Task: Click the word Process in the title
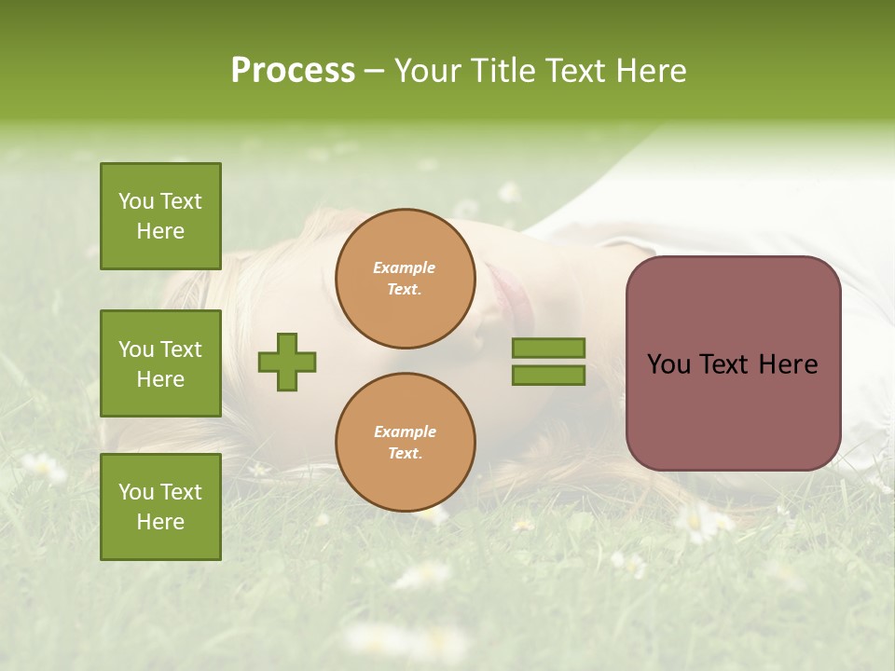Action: click(x=293, y=71)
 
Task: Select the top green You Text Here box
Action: click(x=160, y=216)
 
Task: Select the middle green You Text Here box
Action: click(x=160, y=363)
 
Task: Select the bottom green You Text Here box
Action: click(x=160, y=507)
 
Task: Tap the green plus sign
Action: click(x=287, y=362)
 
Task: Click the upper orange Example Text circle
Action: click(x=405, y=279)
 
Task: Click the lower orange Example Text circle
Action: click(x=405, y=443)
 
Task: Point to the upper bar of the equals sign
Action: click(x=548, y=348)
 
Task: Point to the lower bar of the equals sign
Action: click(x=548, y=375)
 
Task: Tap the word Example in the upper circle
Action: click(x=404, y=267)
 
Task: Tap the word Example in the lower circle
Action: click(x=405, y=431)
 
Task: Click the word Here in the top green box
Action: click(x=160, y=231)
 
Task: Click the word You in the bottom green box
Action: click(x=136, y=492)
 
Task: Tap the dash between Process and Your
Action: click(x=375, y=72)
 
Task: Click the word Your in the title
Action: click(x=430, y=71)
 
